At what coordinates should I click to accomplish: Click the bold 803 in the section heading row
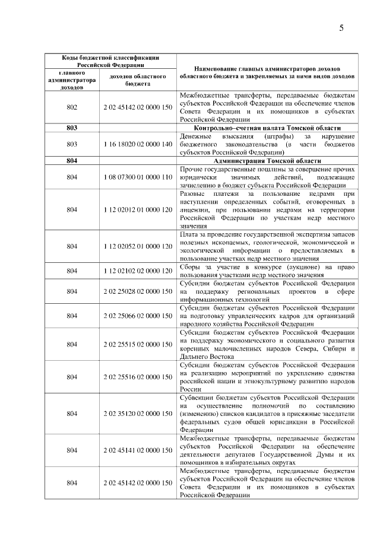point(72,128)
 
